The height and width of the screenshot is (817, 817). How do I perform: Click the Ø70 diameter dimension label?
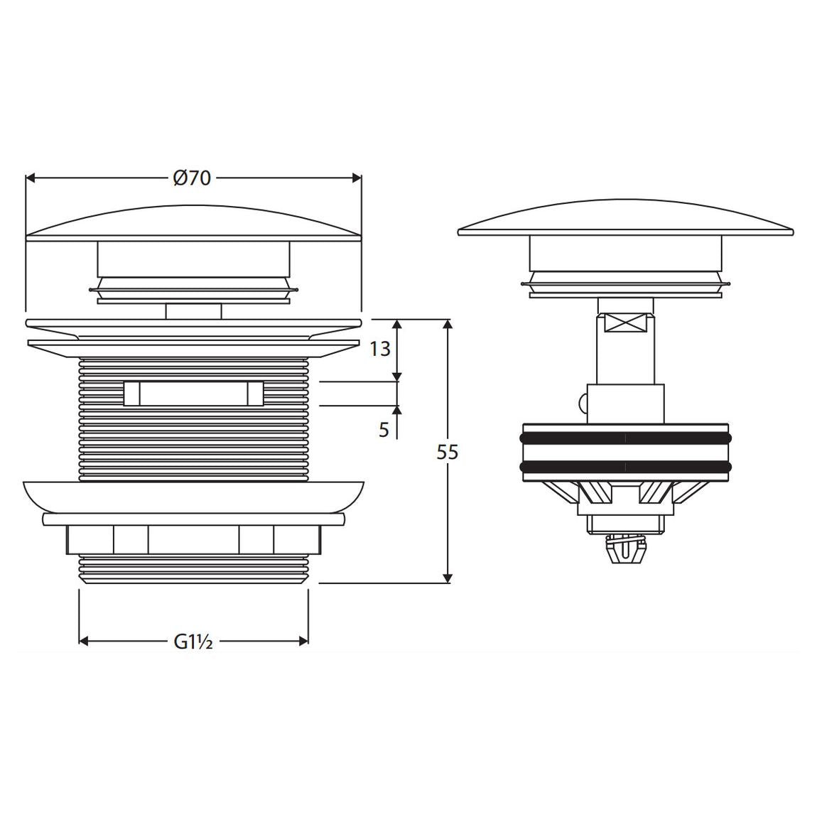point(193,178)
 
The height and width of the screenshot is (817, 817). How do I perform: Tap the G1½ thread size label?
point(193,642)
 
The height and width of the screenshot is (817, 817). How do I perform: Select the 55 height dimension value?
point(448,453)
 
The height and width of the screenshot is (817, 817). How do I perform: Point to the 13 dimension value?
point(380,349)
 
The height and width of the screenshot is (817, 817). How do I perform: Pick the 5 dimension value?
point(384,430)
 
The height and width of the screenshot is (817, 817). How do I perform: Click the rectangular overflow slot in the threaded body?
point(193,393)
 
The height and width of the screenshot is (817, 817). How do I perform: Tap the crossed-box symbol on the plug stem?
point(625,323)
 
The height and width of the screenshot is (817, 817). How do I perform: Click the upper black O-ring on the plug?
point(625,438)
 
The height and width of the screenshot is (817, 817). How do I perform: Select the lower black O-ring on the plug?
point(625,467)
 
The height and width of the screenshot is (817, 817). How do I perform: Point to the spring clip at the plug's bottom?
point(625,551)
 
